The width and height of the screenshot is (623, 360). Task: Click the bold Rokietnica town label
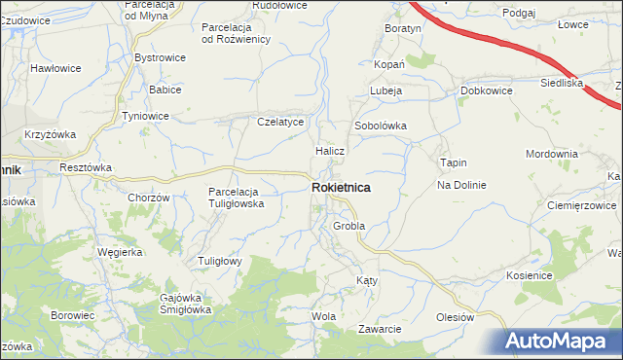click(340, 188)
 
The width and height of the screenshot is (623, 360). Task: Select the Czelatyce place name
click(281, 123)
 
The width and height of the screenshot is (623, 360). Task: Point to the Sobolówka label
click(380, 126)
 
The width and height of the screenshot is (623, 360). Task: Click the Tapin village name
click(454, 162)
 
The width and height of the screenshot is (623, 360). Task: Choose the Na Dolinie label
click(460, 185)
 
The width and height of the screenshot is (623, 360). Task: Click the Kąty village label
click(366, 280)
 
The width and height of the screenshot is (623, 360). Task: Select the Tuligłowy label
click(220, 261)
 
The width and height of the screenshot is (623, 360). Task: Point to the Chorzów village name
click(149, 198)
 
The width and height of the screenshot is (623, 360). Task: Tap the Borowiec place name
click(72, 316)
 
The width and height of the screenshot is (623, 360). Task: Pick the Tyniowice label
click(144, 116)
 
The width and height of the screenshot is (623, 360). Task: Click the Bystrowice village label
click(160, 58)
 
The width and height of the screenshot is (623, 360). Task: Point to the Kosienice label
click(530, 276)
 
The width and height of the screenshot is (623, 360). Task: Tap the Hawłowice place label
click(55, 68)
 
